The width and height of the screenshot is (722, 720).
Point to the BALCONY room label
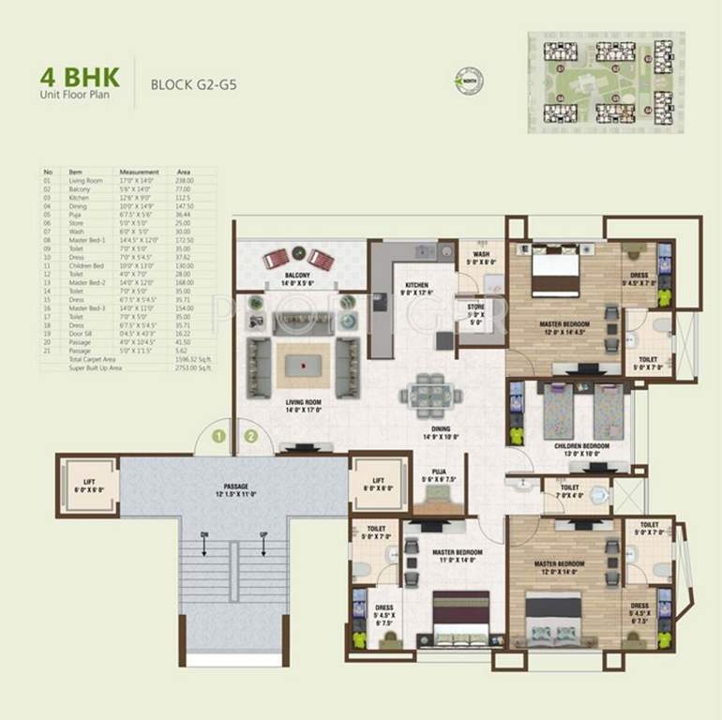300,277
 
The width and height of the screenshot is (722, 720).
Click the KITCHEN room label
416,285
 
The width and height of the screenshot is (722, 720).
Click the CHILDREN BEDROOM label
581,446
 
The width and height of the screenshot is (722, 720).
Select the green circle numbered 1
218,435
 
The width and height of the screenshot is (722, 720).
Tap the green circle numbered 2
250,435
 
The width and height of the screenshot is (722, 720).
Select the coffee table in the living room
302,360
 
